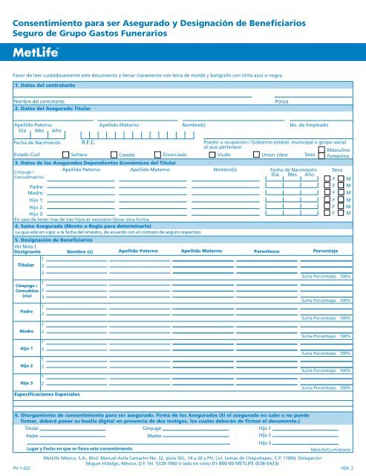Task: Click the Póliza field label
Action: coord(281,100)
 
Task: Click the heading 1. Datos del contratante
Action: coord(46,87)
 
